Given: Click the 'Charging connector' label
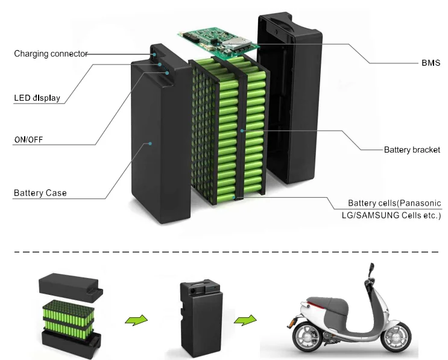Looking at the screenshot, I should (51, 54).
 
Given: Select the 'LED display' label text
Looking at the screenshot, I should (37, 98).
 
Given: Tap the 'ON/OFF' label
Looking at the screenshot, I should (28, 140).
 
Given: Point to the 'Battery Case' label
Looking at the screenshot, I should (40, 193).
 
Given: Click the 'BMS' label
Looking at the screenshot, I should (431, 63).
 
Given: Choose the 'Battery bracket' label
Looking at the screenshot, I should (412, 150).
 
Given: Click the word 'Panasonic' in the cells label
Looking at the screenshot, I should (420, 203).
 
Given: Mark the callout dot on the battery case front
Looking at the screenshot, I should (150, 144).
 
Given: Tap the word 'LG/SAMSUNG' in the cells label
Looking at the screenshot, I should (376, 215).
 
